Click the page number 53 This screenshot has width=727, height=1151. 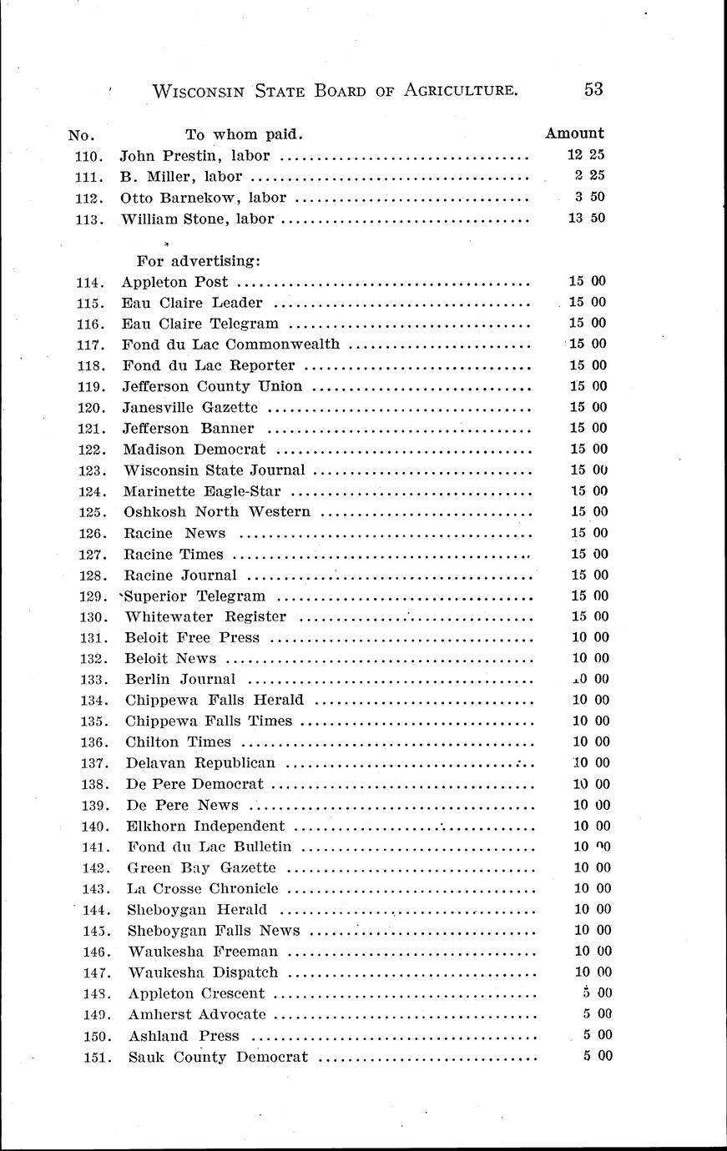tap(593, 89)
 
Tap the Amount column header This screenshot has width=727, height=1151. tap(574, 133)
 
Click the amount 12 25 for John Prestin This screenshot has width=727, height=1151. tap(586, 155)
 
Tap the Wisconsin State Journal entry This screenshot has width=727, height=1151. tap(215, 470)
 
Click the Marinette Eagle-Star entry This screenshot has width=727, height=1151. tap(203, 491)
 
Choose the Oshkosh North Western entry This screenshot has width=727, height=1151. tap(217, 512)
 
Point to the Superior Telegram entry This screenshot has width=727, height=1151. tap(195, 596)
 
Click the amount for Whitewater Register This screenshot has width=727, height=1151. tap(588, 616)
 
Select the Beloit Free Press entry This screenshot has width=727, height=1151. tap(192, 637)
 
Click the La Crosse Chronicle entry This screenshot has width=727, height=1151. tap(203, 888)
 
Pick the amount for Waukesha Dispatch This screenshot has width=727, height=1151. tap(593, 972)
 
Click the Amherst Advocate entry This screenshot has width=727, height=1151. tap(197, 1014)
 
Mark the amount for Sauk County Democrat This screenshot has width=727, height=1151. tap(598, 1056)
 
